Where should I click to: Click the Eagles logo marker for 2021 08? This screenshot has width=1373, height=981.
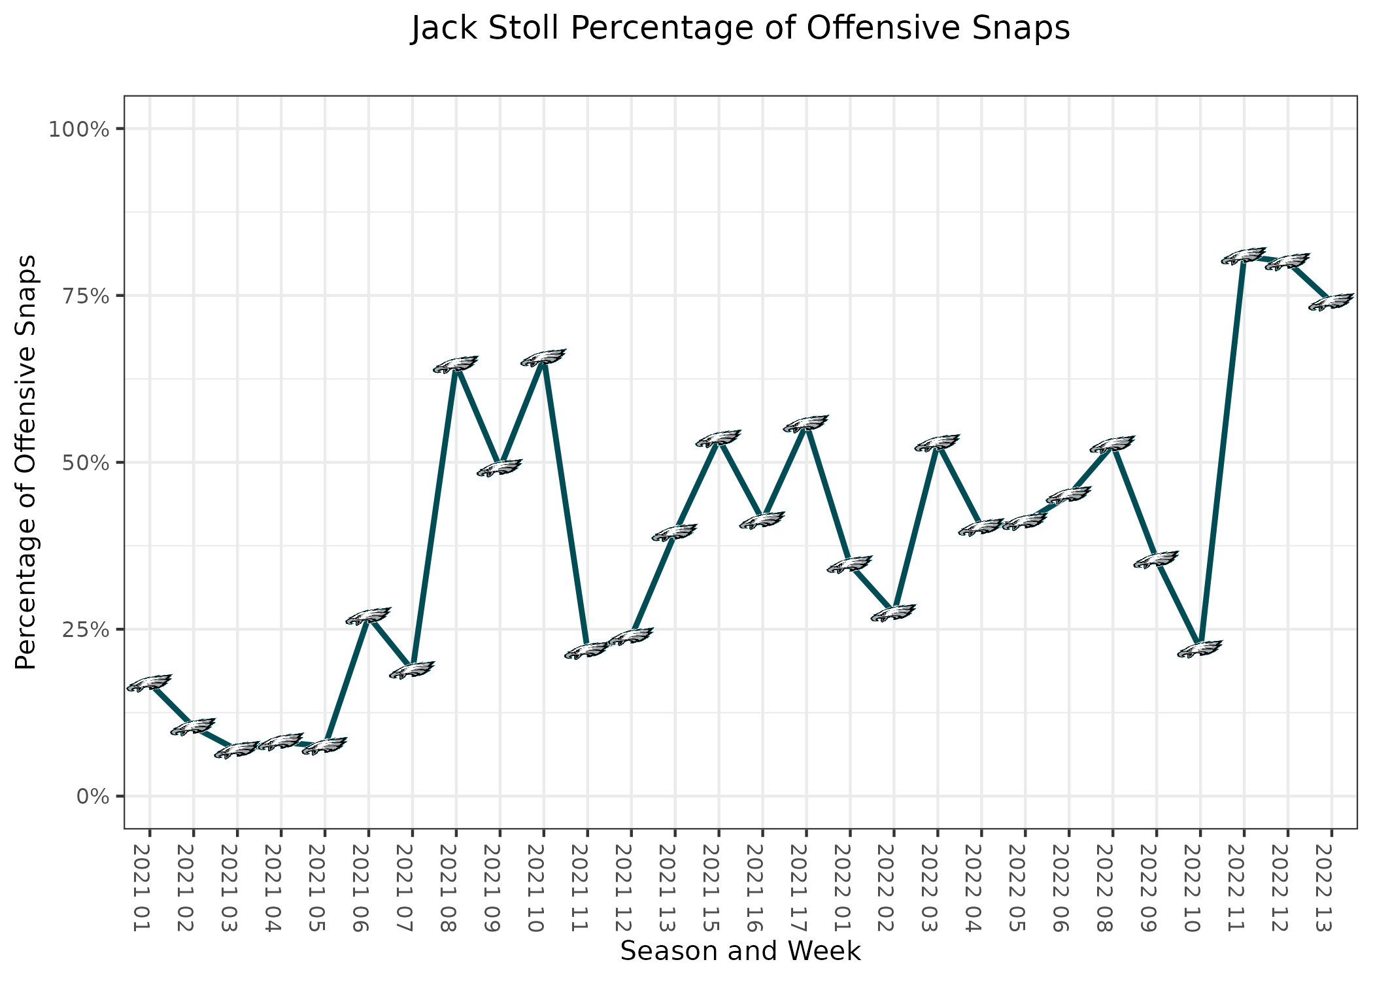click(456, 364)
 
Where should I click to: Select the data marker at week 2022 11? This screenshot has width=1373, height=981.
click(1244, 256)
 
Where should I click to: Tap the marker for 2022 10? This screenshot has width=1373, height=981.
click(1200, 649)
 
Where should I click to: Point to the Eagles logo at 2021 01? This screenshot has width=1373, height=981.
click(149, 683)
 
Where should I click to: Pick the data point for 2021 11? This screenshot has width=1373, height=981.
click(587, 651)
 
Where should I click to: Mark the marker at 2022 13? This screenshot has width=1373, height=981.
click(1331, 301)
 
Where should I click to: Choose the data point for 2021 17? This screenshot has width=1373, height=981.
click(806, 424)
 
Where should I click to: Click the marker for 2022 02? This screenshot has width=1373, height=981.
click(894, 613)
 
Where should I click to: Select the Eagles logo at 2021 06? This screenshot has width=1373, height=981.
click(368, 615)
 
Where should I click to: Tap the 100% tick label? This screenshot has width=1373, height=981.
click(78, 129)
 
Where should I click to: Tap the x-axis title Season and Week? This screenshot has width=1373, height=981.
click(740, 951)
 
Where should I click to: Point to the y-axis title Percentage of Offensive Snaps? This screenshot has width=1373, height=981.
click(25, 462)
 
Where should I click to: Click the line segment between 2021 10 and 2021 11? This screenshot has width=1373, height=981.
click(566, 504)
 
